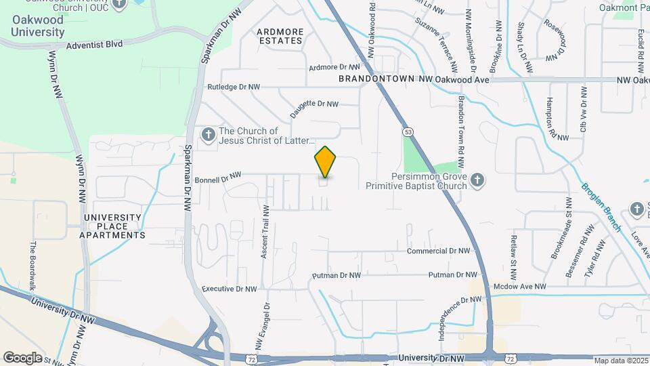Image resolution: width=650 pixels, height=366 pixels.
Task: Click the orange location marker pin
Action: [x=325, y=163]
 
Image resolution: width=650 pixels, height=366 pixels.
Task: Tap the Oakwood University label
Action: [x=38, y=26]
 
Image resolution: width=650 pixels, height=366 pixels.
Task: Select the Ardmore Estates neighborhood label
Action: [x=279, y=36]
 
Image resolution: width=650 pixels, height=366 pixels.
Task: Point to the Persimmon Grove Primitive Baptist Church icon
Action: [x=477, y=180]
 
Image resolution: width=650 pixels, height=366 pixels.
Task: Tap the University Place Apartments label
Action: [x=112, y=226]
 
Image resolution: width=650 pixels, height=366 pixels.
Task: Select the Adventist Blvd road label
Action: [x=94, y=45]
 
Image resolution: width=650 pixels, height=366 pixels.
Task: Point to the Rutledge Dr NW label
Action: [x=234, y=87]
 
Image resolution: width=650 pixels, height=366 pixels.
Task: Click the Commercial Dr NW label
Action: [x=438, y=251]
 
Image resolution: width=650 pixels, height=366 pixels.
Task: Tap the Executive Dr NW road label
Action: [x=230, y=289]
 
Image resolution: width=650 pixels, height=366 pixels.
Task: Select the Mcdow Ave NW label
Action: [x=519, y=287]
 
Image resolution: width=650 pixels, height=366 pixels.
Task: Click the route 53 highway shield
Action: [x=407, y=130]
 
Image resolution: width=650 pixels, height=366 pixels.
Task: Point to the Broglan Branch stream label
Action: [x=601, y=207]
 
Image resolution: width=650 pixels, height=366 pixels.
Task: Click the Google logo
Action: [x=22, y=357]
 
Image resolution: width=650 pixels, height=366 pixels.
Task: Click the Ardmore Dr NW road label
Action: [x=333, y=67]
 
